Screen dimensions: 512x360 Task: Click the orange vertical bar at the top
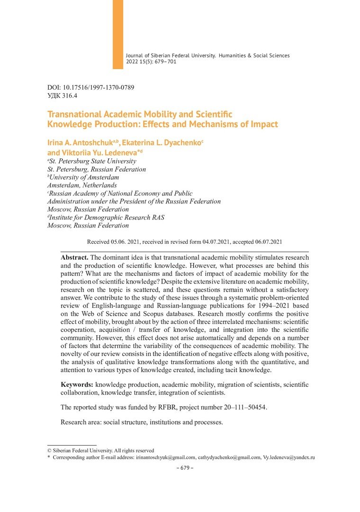pos(118,34)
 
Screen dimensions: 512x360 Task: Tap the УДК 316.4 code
pos(62,95)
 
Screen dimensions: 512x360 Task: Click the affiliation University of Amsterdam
pos(84,177)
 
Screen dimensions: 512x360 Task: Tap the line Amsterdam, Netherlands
pos(82,185)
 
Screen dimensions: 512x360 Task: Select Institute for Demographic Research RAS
pos(107,217)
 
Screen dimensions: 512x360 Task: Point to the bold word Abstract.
pos(74,256)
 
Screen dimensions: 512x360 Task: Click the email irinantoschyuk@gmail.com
pos(166,457)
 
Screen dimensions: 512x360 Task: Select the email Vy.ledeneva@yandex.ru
pos(289,457)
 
